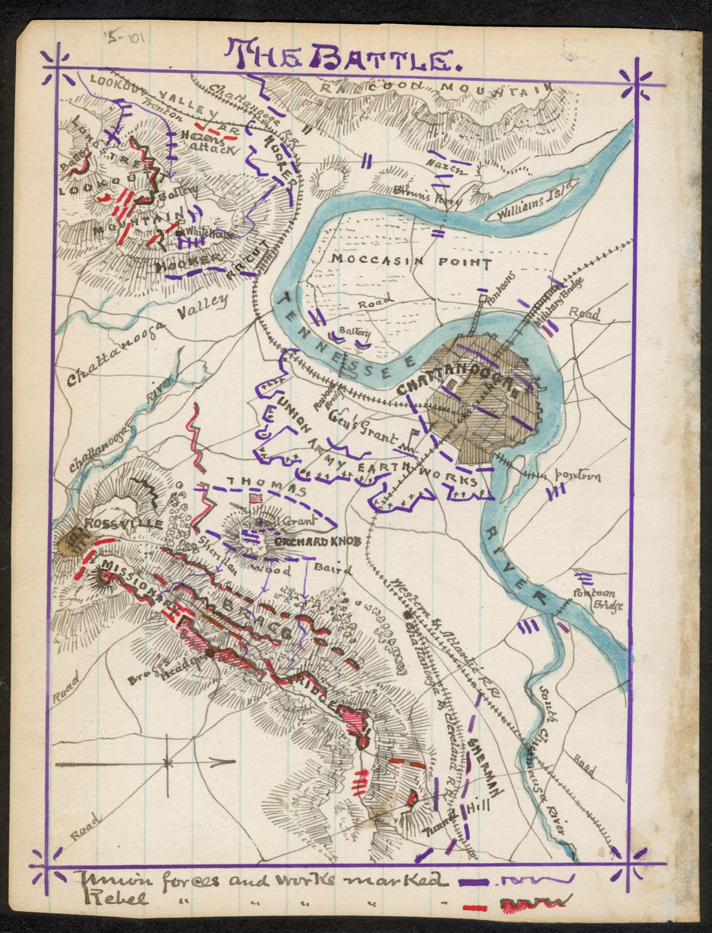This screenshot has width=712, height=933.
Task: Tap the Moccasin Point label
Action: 411,262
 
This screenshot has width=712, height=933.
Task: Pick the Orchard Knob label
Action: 317,541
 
